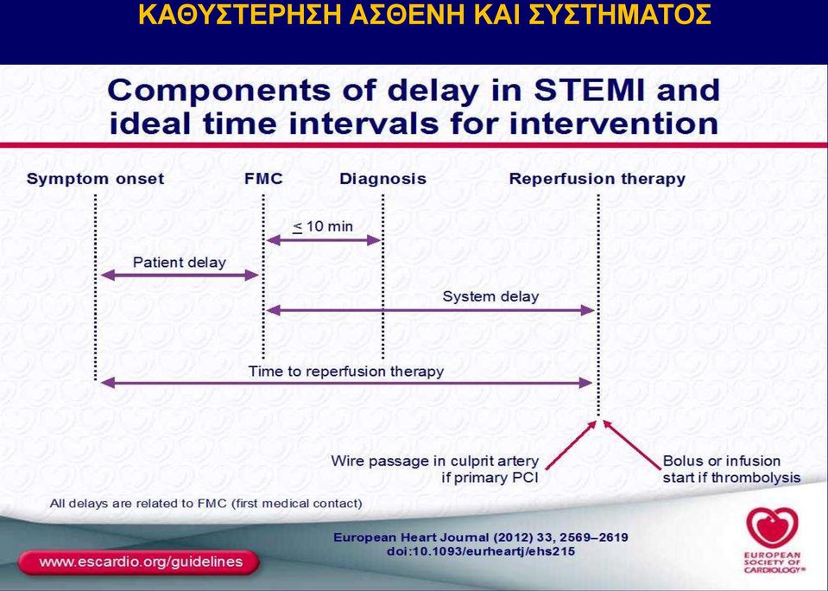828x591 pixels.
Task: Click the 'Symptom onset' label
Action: coord(95,179)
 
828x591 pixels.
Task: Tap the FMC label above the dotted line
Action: coord(263,179)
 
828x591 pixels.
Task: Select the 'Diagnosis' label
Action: coord(382,179)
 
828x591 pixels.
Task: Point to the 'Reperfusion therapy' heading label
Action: coord(597,179)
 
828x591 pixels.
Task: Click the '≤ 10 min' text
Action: coord(323,226)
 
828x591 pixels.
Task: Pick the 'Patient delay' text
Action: coord(179,262)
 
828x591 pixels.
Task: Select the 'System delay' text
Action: coord(490,296)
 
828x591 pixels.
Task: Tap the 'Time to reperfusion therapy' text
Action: coord(346,371)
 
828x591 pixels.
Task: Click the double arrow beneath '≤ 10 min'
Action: coord(323,240)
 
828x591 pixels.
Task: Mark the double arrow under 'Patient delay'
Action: coord(180,275)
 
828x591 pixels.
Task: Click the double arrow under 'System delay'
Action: coord(430,310)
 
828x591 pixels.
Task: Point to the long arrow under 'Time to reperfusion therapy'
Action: coord(346,383)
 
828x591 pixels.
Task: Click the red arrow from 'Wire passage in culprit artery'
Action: coord(571,445)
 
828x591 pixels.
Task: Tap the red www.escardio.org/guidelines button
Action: coord(138,562)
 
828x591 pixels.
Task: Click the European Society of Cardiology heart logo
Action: coord(772,529)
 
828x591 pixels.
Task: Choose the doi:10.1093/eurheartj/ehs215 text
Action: coord(481,551)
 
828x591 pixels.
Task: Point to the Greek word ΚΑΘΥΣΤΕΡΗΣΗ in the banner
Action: coord(239,16)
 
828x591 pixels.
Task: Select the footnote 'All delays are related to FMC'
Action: coord(206,503)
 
